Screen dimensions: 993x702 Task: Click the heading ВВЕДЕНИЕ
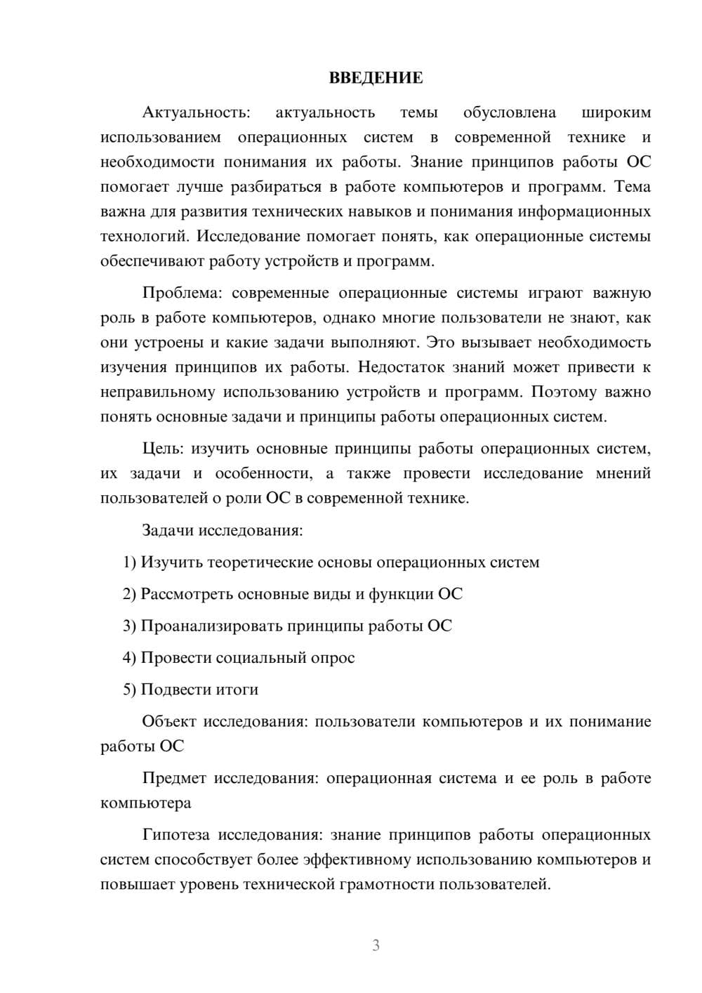(376, 78)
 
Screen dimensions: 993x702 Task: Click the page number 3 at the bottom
(376, 945)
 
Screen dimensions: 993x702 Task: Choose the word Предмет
(174, 778)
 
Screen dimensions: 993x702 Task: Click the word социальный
(258, 658)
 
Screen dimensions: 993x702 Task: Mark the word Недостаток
(403, 367)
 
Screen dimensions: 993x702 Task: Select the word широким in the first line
(616, 112)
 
